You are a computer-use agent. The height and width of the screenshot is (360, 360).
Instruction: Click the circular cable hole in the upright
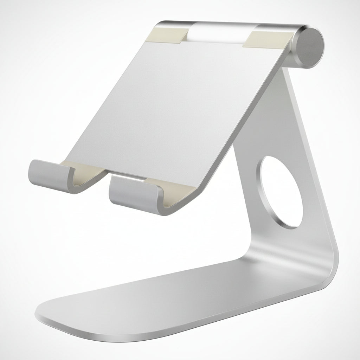281,192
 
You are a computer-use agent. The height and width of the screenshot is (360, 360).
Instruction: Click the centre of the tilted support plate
176,105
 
